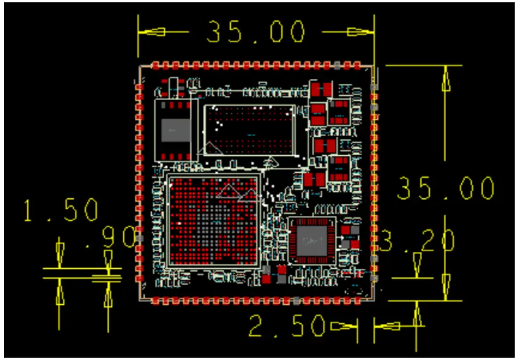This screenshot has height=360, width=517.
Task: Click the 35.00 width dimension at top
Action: pos(256,32)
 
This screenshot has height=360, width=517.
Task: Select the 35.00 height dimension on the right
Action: pos(445,188)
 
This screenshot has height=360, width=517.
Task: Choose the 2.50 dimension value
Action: pos(286,327)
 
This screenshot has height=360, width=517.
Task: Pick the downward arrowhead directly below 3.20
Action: pos(416,265)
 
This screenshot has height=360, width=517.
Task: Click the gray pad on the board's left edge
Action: pos(140,238)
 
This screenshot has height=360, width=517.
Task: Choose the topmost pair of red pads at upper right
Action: pos(320,90)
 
